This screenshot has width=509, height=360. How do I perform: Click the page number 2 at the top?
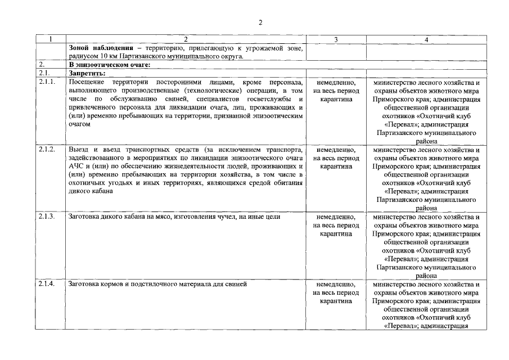(x=260, y=22)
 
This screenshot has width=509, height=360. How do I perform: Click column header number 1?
(x=51, y=39)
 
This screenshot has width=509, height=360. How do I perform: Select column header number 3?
(x=336, y=39)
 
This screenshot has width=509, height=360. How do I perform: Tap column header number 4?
(x=426, y=39)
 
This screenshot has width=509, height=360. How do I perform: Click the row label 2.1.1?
(x=47, y=82)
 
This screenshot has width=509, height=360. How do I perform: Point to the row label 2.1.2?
(x=47, y=150)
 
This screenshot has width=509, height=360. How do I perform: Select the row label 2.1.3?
(x=47, y=217)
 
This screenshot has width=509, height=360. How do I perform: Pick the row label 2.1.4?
(x=47, y=283)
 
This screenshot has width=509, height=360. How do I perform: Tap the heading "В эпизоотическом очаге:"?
(x=103, y=65)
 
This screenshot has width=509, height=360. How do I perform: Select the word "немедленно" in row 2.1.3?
(x=336, y=217)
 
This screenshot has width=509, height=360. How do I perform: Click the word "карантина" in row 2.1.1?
(x=336, y=99)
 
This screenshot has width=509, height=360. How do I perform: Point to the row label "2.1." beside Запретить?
(x=44, y=73)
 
